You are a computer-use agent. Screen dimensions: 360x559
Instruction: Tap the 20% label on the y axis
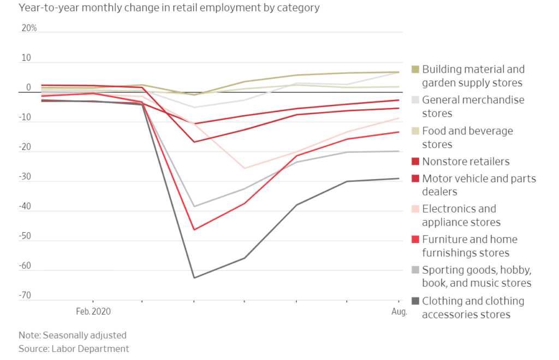click(x=29, y=28)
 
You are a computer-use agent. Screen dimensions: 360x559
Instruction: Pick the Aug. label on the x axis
click(x=400, y=312)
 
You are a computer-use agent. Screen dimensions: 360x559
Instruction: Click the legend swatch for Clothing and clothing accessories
click(x=415, y=300)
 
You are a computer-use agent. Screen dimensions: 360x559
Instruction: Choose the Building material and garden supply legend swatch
click(x=415, y=69)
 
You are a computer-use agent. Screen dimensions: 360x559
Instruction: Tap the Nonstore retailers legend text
click(x=466, y=161)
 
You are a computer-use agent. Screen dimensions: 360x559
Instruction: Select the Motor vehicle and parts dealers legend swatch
click(x=415, y=179)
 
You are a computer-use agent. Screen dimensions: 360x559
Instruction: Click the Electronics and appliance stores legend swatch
click(x=415, y=209)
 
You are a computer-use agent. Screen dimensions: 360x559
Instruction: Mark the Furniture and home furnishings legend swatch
click(x=415, y=239)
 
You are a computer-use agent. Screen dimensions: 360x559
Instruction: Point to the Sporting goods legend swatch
click(x=415, y=270)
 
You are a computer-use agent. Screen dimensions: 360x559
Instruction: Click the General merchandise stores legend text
click(x=473, y=107)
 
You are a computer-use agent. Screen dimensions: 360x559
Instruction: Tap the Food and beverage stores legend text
click(x=467, y=138)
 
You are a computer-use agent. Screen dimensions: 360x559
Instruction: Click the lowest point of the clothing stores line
click(x=194, y=278)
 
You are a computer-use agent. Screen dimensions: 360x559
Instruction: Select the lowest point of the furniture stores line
click(x=194, y=229)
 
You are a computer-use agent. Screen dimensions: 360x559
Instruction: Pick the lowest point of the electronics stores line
click(x=244, y=168)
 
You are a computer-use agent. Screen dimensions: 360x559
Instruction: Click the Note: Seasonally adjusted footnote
click(x=72, y=335)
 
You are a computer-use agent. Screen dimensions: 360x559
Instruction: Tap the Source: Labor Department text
click(x=74, y=349)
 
